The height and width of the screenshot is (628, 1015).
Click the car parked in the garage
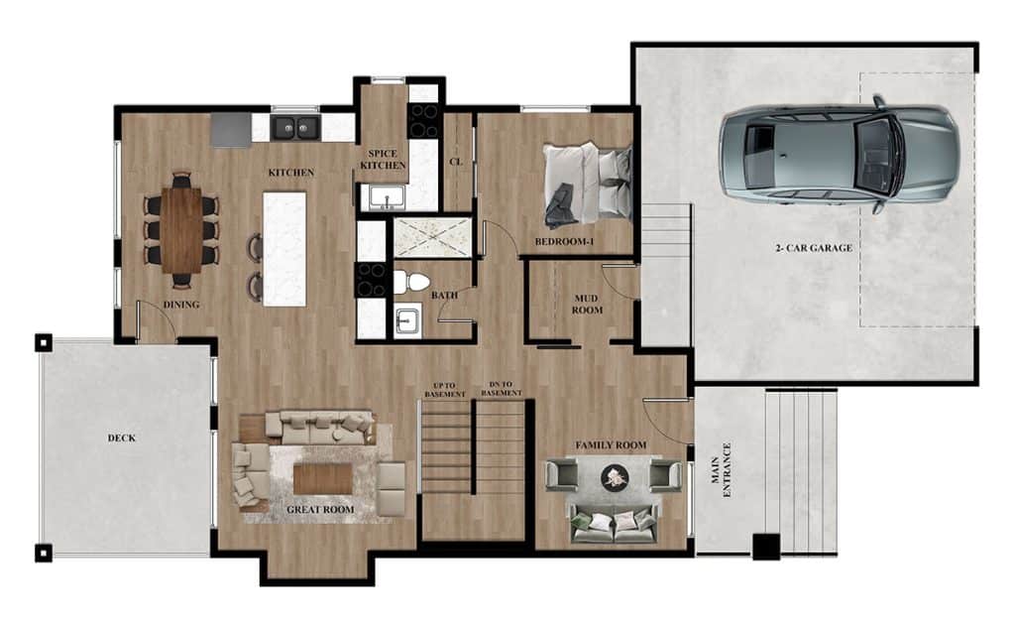coord(840,154)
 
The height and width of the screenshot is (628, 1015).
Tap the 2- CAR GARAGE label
coord(814,248)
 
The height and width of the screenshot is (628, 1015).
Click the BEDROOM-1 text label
coord(564,242)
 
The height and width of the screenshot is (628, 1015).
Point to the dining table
coord(182,230)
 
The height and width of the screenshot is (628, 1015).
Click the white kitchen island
coord(284,248)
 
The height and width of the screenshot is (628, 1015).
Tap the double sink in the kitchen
coord(295,128)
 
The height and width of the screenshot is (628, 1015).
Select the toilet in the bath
coord(411,283)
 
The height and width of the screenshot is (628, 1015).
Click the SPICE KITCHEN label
coord(383,160)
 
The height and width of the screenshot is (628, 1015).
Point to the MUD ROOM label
coord(587,305)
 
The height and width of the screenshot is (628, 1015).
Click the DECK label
coord(122,439)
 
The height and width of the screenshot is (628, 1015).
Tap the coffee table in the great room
coord(323,479)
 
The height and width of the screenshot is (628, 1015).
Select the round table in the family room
coord(613,477)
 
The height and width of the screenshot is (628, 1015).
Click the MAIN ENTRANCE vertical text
coord(721,470)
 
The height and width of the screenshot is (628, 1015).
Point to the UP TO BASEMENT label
coord(445,390)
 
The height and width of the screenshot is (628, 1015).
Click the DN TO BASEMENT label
coord(501,389)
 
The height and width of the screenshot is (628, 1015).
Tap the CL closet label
coord(456,162)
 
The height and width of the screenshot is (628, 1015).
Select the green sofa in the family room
coord(613,522)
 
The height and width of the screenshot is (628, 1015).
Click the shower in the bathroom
coord(432,236)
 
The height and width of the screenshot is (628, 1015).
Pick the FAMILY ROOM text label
coord(611,445)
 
